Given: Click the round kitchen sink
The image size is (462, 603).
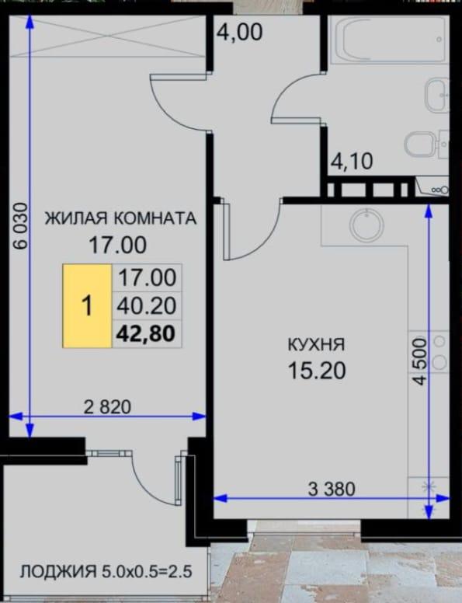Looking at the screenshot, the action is [366, 225].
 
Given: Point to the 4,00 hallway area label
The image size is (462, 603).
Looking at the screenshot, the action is [240, 32].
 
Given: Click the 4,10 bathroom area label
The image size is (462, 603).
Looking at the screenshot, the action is [352, 161].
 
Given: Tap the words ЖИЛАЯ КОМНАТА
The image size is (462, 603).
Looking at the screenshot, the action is [120, 218].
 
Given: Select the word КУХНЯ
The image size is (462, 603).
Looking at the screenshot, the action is [316, 344].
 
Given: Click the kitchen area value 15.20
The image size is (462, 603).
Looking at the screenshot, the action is [317, 371].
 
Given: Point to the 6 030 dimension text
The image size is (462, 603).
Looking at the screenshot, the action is [20, 226].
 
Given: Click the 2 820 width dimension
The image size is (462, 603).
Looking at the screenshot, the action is [107, 407].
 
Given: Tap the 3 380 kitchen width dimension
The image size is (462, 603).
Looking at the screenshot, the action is [332, 489].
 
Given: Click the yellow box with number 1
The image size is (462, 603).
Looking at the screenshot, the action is [87, 305].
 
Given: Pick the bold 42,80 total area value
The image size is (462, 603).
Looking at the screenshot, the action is [146, 333].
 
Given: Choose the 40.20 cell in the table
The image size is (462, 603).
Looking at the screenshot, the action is [147, 305].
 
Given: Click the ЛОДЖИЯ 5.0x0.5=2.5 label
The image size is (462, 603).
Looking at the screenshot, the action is [106, 571].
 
